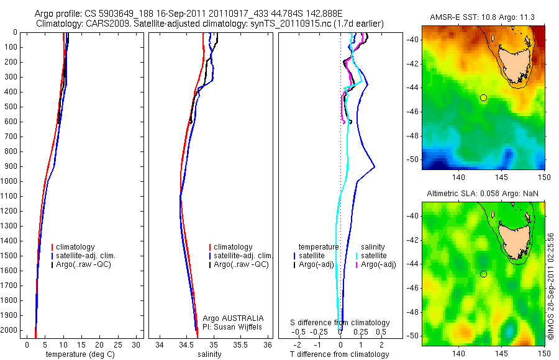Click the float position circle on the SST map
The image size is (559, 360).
[x=483, y=97]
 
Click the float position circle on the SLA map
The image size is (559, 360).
[x=483, y=274]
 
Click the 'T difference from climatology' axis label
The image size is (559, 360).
[x=339, y=354]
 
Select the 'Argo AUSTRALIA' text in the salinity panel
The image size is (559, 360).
[x=233, y=318]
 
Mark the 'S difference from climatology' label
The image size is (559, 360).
[x=340, y=323]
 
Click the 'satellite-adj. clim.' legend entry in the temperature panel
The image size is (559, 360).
[x=87, y=256]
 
